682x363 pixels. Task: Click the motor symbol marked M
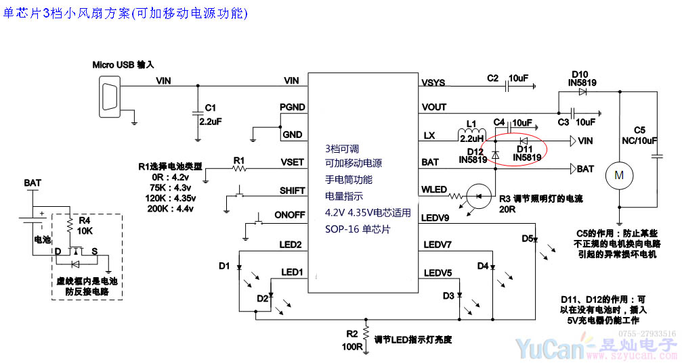click(x=618, y=175)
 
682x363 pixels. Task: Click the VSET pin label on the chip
click(x=292, y=162)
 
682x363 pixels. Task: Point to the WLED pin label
click(x=434, y=189)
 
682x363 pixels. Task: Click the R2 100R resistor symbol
click(x=365, y=333)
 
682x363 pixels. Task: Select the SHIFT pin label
click(x=292, y=190)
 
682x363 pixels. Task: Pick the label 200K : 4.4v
click(x=171, y=208)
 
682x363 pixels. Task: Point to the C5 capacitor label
click(x=639, y=130)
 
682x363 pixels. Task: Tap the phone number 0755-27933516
click(x=647, y=334)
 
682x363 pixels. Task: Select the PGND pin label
click(x=292, y=107)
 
